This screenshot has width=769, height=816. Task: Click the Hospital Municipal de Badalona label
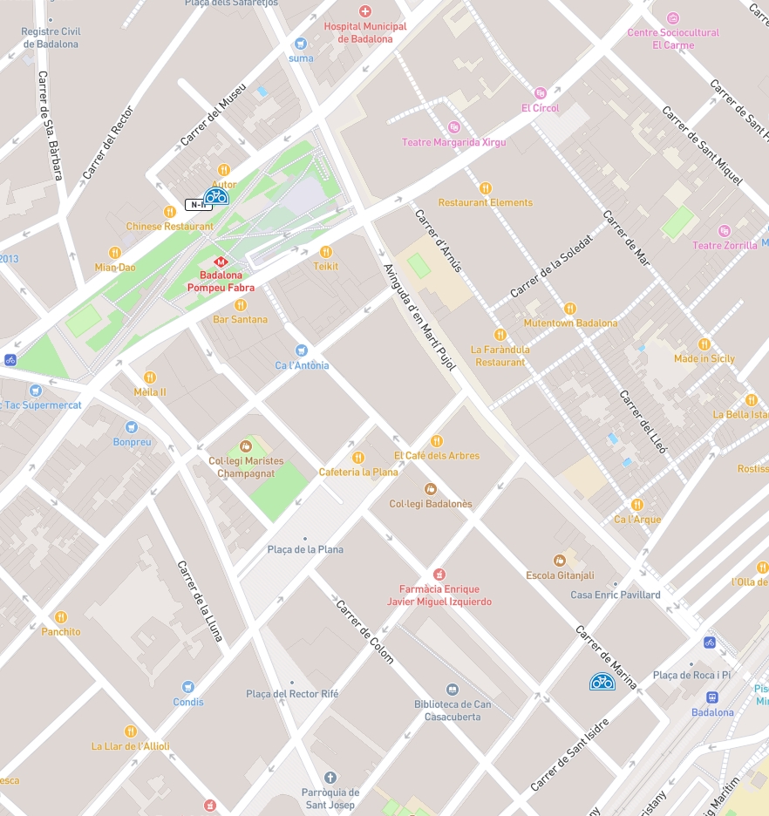click(365, 32)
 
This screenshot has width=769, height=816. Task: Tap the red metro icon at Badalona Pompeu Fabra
click(221, 261)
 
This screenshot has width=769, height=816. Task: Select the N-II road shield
click(198, 205)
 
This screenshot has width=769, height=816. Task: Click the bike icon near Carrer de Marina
click(602, 682)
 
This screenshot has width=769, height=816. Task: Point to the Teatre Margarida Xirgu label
click(453, 142)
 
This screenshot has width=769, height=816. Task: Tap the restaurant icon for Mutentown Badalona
click(570, 308)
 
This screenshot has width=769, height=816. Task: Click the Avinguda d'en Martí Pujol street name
click(420, 317)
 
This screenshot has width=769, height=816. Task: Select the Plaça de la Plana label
click(305, 549)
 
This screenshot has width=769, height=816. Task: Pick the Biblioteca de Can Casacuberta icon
click(452, 690)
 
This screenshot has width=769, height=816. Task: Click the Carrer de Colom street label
click(365, 632)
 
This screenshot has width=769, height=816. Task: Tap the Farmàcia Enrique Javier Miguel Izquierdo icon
click(439, 574)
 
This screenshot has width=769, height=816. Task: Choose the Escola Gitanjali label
click(560, 575)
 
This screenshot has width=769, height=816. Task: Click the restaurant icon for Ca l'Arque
click(637, 504)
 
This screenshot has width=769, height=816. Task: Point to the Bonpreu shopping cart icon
click(132, 427)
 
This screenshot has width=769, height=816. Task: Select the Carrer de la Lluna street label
click(201, 601)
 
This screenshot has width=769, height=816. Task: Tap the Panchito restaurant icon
click(61, 617)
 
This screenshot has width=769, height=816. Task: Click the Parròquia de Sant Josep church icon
click(330, 777)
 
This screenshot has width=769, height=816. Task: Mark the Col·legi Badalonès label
click(430, 504)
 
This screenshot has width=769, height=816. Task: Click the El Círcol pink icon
click(541, 93)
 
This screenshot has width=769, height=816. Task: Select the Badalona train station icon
click(712, 697)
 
